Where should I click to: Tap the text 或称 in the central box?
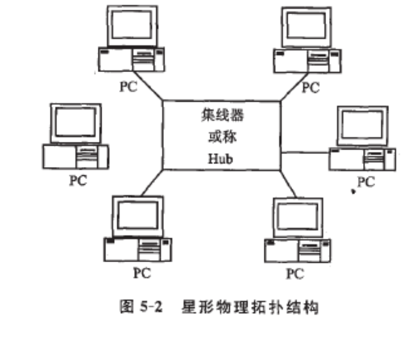(x=221, y=137)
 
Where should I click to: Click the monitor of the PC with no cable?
(x=76, y=122)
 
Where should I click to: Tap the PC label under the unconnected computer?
(x=78, y=180)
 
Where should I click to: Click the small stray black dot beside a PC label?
(x=353, y=191)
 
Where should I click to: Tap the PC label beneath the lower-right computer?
(x=295, y=273)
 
